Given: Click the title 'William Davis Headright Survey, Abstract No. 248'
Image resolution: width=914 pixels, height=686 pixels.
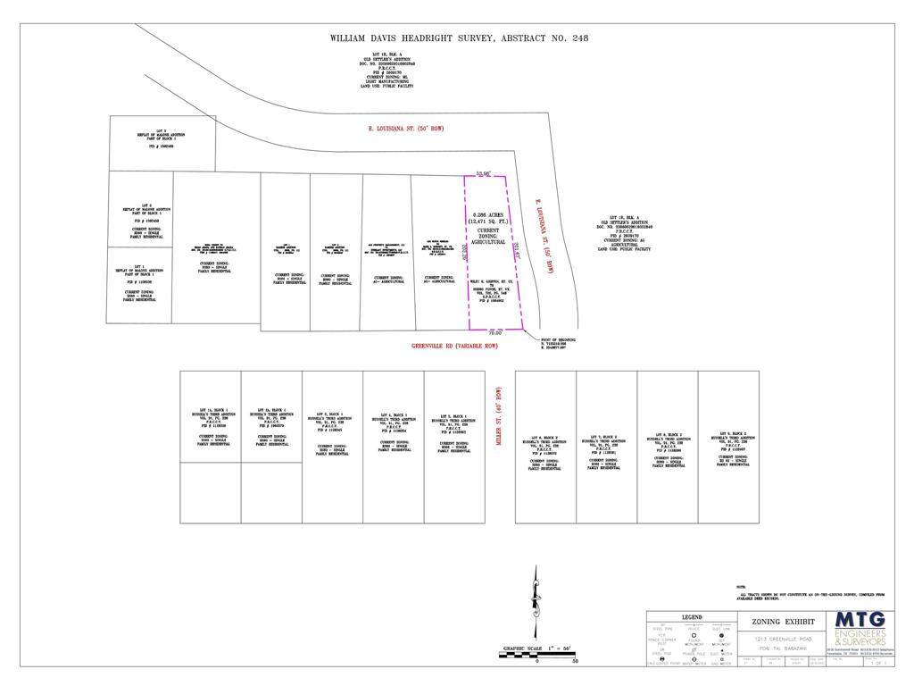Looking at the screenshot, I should coord(457,38).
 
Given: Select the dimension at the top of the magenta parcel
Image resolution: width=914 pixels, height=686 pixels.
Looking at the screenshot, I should coord(485,172).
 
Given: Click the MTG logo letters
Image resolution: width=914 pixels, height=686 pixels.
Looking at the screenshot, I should coord(860,620).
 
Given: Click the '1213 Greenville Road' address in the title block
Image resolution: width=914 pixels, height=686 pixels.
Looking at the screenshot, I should coord(783,640).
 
